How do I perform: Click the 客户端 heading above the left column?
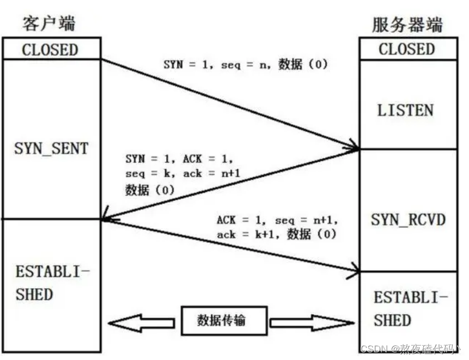(49, 23)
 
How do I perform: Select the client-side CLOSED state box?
(50, 50)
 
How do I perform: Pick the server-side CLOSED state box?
(407, 50)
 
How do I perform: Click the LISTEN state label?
(405, 111)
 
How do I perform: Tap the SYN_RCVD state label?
(408, 220)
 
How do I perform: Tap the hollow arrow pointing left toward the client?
(141, 322)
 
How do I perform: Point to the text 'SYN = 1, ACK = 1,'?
(179, 160)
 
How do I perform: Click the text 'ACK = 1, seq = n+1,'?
(277, 221)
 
